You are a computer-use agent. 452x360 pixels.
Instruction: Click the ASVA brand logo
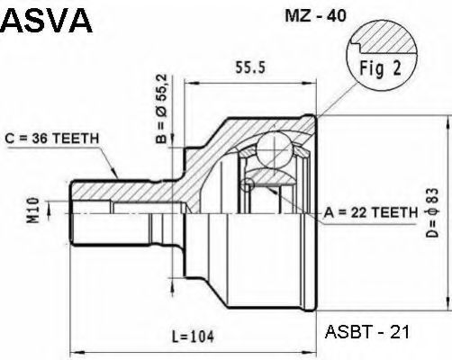point(47,20)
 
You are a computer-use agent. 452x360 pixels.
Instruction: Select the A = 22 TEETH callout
point(368,212)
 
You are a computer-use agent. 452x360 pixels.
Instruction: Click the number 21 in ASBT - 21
point(400,331)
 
